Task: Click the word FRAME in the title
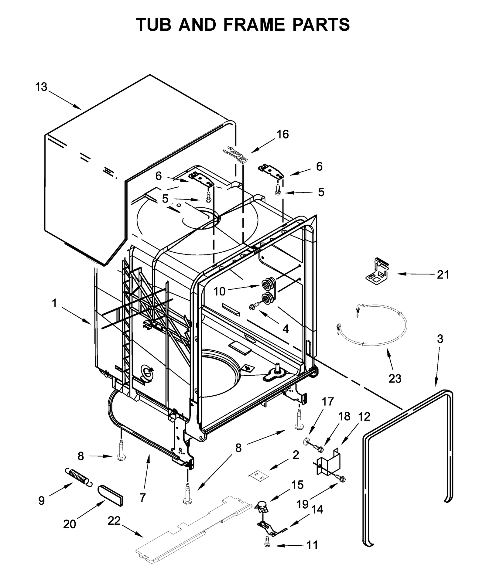pos(254,25)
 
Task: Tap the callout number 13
pos(41,87)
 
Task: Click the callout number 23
pos(395,378)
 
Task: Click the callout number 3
pos(440,339)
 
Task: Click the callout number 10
pos(219,291)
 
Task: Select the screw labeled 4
pos(255,306)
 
